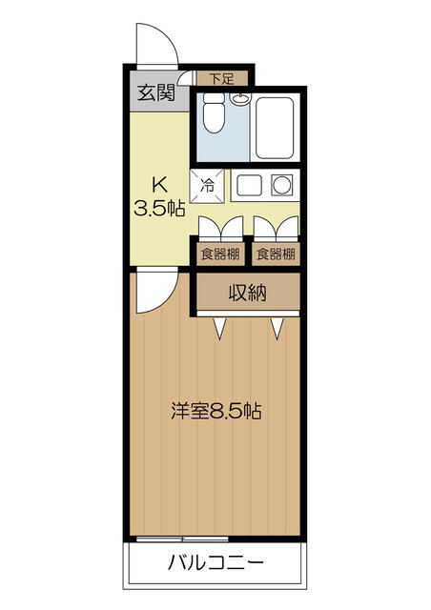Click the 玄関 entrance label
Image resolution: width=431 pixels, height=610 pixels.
tap(156, 93)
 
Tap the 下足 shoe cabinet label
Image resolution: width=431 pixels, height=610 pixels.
tap(221, 79)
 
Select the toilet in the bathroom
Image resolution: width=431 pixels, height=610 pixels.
tap(214, 112)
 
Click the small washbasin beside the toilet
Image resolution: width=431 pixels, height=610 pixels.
tap(240, 99)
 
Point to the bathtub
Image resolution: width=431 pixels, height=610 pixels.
tap(274, 128)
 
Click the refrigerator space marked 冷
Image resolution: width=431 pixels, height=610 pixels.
tap(207, 186)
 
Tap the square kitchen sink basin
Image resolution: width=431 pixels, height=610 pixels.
tap(249, 186)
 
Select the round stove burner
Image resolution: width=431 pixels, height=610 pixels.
tap(282, 185)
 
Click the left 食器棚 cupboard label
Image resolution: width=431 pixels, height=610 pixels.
tap(220, 254)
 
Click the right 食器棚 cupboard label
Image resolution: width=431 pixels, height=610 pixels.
tap(276, 254)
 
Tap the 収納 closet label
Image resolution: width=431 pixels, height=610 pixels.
tap(248, 293)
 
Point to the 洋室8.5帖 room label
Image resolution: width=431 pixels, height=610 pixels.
tap(216, 411)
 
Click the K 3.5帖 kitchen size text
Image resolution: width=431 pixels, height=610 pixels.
tap(159, 197)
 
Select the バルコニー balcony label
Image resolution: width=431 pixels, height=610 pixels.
tap(215, 562)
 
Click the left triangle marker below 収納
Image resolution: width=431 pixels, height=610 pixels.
tap(220, 328)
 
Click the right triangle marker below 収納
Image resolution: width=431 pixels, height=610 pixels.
tap(277, 328)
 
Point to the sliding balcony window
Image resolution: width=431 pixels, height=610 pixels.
tap(182, 539)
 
